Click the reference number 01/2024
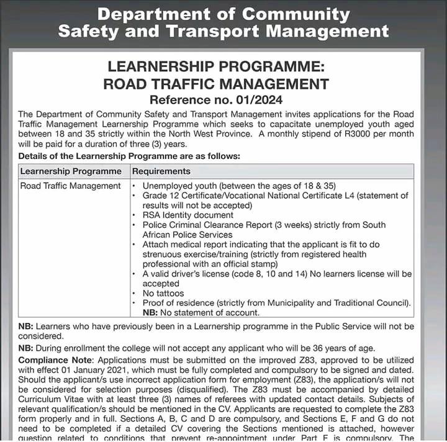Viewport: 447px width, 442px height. click(253, 100)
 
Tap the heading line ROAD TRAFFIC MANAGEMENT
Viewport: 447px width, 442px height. click(216, 84)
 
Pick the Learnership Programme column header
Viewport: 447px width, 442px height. click(71, 171)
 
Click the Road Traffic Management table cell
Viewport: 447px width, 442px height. click(70, 186)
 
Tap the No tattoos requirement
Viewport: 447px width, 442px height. click(163, 293)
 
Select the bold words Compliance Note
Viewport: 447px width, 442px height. click(56, 360)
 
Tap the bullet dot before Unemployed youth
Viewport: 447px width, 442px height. click(135, 186)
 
